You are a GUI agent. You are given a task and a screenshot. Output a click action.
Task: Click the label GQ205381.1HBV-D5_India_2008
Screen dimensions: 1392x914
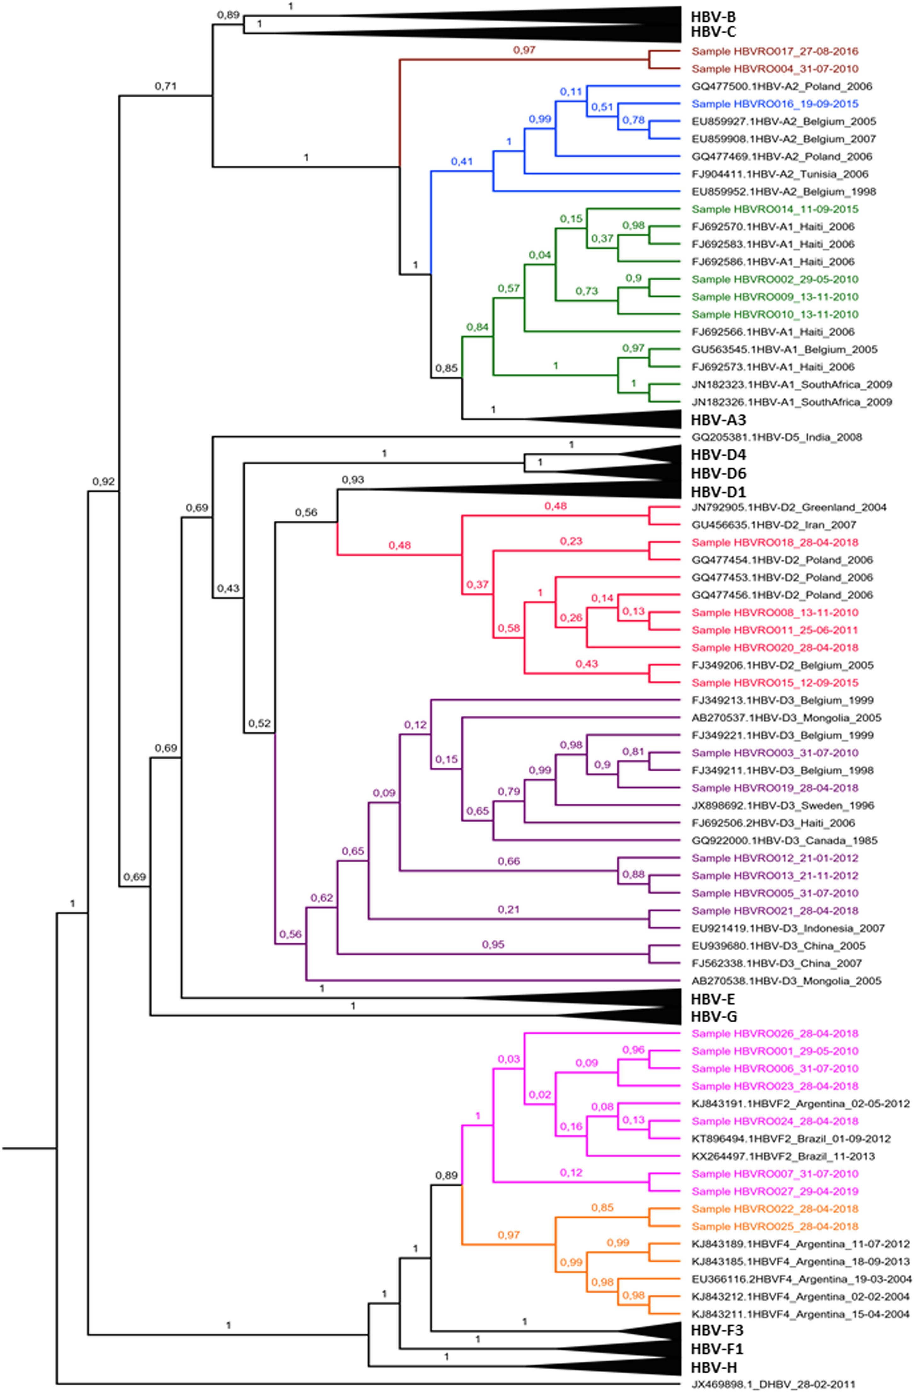pyautogui.click(x=776, y=437)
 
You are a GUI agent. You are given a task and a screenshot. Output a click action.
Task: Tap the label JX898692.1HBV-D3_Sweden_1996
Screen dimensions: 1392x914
pyautogui.click(x=782, y=806)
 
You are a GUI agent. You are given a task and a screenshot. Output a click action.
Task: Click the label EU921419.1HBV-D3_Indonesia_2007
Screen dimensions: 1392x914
pyautogui.click(x=788, y=928)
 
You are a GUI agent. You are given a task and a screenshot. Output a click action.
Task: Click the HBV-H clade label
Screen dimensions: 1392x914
pyautogui.click(x=713, y=1367)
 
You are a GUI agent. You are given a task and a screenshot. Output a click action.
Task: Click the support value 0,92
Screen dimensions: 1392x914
pyautogui.click(x=104, y=482)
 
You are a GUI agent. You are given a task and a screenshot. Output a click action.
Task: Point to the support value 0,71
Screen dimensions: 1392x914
pyautogui.click(x=165, y=87)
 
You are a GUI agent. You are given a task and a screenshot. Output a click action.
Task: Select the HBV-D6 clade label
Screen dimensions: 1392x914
pyautogui.click(x=718, y=473)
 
